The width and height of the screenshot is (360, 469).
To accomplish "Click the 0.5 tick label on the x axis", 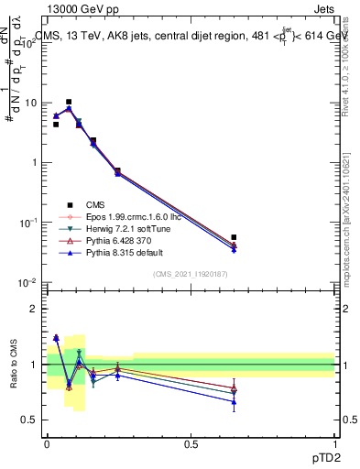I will [x=191, y=444].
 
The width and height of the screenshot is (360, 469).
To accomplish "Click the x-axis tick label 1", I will [x=334, y=444].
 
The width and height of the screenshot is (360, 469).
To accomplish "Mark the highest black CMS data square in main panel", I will [x=69, y=102].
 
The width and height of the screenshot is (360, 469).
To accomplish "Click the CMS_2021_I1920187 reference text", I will [x=191, y=274].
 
